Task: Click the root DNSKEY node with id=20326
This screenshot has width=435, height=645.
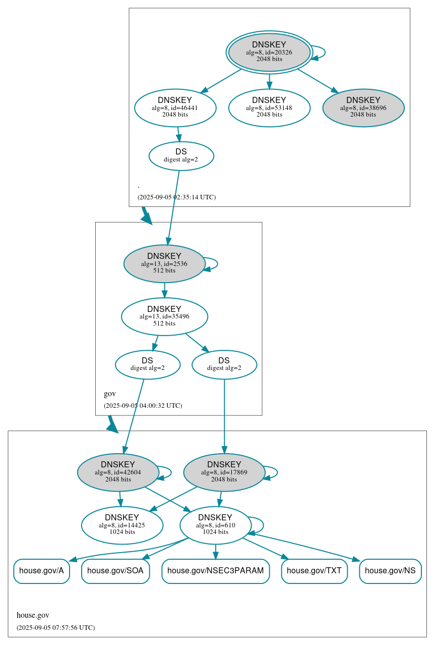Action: pos(269,52)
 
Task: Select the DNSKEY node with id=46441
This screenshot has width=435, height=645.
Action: pos(175,107)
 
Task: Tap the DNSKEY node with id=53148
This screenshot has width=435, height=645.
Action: pos(269,107)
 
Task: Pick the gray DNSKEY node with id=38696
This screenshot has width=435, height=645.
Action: pos(363,107)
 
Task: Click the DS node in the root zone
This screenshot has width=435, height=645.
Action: pos(181,156)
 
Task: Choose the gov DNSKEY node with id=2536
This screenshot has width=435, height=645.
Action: pos(164,263)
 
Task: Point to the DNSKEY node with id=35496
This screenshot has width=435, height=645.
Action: pos(164,316)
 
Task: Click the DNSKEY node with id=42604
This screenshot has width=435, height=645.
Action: pos(118,472)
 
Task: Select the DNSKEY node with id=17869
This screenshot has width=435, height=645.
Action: pos(224,472)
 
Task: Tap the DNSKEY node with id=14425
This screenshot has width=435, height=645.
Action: pos(122,525)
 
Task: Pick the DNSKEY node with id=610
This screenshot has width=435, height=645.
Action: pos(215,525)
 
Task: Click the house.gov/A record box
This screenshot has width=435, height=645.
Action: pos(41,571)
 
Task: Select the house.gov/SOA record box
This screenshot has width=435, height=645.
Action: pos(115,571)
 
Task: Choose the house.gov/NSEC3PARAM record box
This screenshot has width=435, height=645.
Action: pos(215,571)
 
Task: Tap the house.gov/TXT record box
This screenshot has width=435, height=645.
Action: pos(314,571)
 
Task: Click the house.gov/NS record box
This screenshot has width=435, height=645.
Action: pos(390,571)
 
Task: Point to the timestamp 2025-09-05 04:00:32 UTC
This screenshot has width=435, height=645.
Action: pos(143,405)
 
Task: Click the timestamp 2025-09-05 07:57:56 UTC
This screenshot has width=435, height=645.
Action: pos(55,627)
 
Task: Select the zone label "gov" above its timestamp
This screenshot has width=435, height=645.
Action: pos(110,394)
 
